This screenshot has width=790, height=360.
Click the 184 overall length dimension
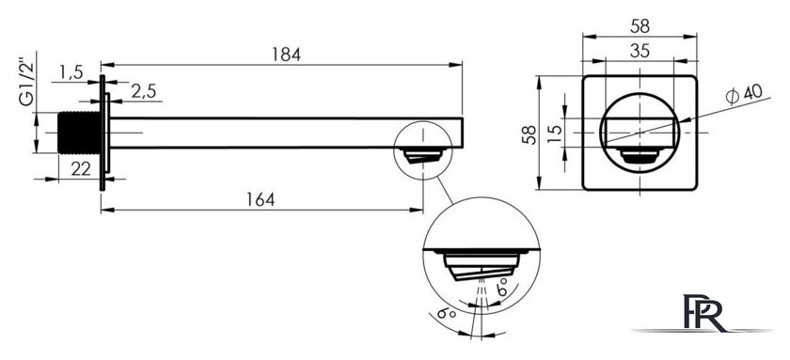tap(288, 55)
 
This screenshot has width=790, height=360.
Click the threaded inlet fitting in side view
tap(79, 133)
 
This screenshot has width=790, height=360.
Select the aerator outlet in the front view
tap(642, 158)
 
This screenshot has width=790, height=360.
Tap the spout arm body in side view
tap(282, 133)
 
